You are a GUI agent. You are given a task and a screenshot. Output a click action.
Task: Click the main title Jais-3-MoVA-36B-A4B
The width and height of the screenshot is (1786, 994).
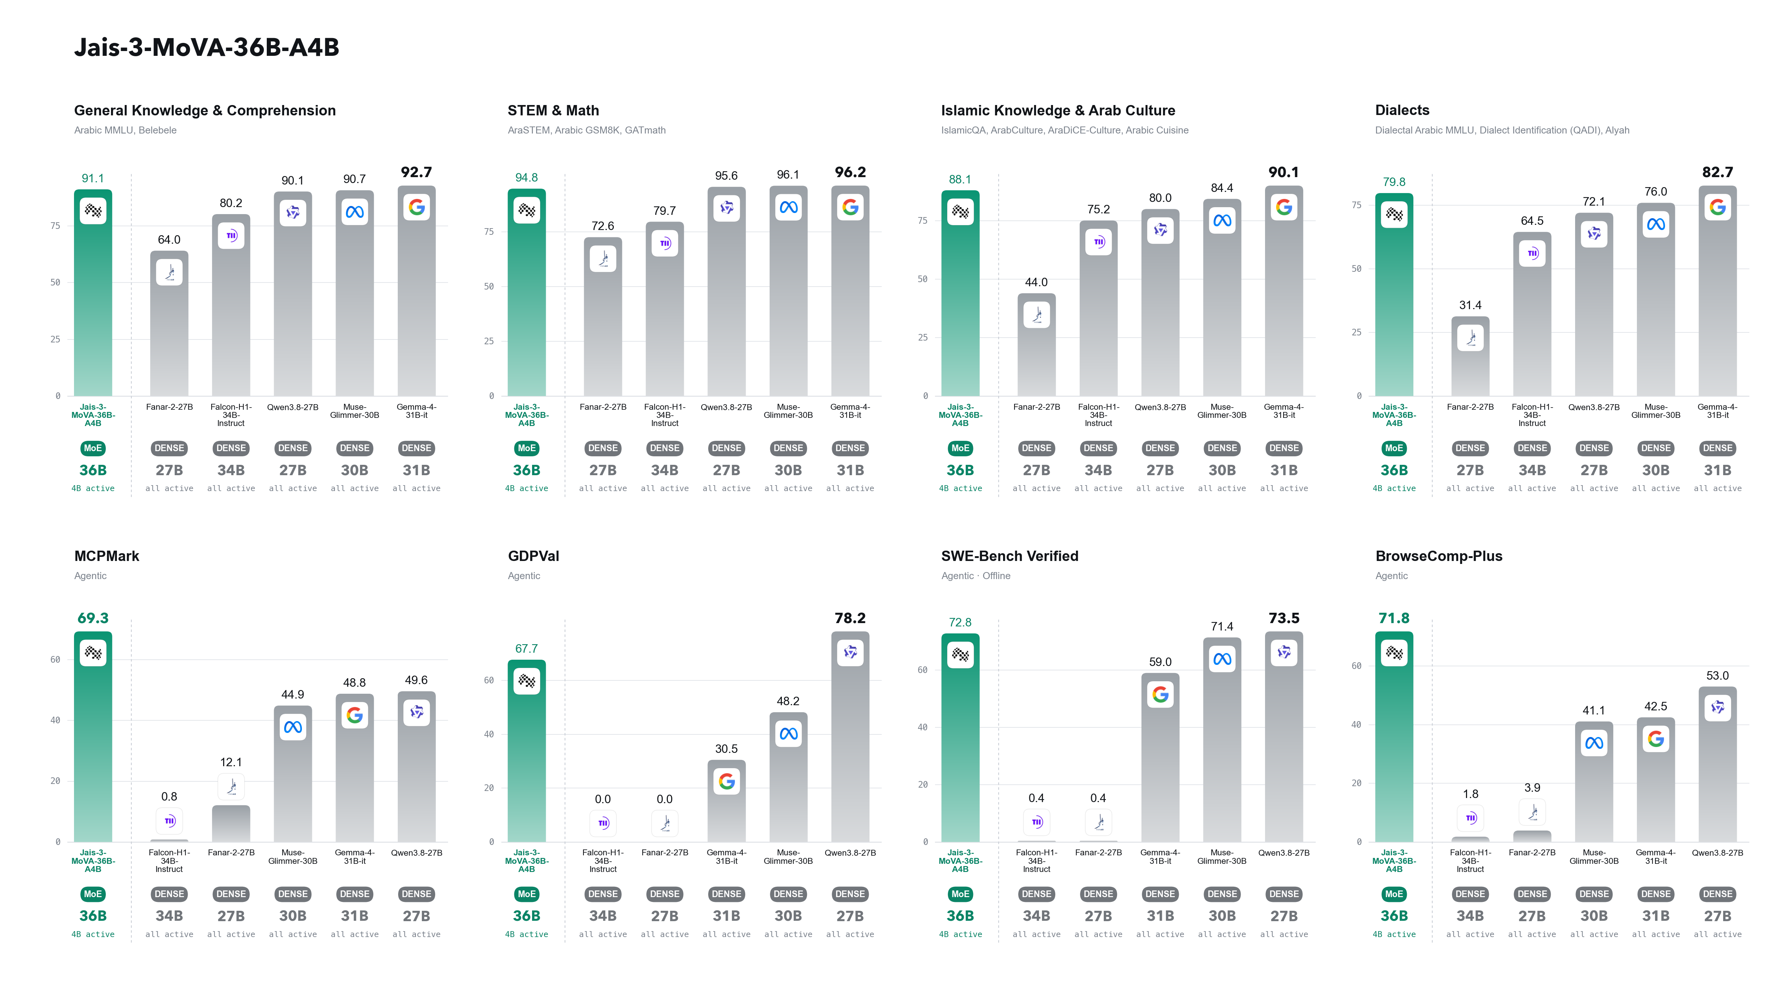(206, 47)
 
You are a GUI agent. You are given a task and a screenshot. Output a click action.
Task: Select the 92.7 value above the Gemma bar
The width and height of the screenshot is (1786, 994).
(416, 172)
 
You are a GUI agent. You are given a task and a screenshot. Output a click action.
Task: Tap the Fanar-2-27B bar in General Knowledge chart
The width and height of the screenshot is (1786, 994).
(169, 323)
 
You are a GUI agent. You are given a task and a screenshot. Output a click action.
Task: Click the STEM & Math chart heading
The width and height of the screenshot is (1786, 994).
(553, 110)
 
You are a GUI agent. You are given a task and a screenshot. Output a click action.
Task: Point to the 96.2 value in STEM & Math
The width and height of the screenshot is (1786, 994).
(850, 172)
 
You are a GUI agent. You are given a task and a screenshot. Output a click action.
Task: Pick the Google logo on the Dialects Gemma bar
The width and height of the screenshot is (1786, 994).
(1717, 207)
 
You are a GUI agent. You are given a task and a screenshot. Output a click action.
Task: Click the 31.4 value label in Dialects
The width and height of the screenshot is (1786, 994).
(1470, 305)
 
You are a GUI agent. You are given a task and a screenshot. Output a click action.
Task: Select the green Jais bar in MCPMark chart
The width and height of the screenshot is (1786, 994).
(93, 736)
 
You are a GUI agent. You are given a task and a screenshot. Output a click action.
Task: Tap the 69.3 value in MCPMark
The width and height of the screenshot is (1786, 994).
(93, 618)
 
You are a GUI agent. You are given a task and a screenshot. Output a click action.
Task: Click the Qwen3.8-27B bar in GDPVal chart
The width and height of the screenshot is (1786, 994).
(850, 736)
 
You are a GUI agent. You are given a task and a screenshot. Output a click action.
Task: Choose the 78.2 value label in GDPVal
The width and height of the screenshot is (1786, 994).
(850, 618)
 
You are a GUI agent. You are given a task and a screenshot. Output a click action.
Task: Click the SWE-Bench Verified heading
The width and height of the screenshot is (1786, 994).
(1009, 556)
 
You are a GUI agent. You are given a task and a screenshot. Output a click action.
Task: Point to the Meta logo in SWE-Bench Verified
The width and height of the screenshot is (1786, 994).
(1222, 659)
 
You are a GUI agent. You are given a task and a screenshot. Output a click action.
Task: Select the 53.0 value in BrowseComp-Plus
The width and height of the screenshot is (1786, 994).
(1717, 675)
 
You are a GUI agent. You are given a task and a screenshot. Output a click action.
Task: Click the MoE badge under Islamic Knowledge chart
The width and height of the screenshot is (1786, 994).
(960, 448)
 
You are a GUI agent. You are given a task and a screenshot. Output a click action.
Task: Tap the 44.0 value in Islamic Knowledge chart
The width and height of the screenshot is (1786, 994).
(1036, 282)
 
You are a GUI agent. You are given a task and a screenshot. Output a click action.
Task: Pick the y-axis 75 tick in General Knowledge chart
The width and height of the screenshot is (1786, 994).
(56, 225)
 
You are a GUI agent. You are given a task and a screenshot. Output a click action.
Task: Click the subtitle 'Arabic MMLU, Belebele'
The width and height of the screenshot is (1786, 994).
(125, 130)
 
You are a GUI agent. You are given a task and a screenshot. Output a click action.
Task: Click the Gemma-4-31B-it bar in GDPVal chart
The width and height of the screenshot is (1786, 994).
(727, 801)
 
